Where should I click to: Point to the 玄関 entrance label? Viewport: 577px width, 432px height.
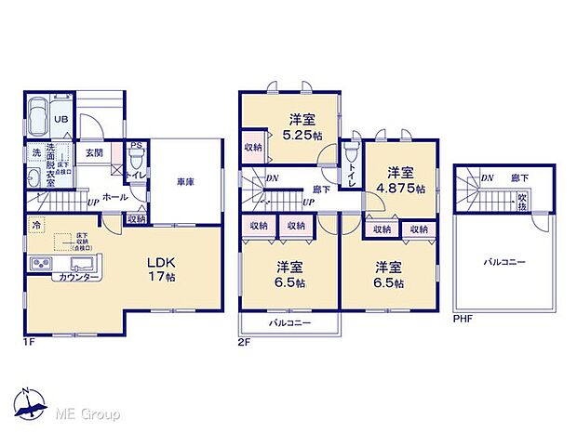[95, 153]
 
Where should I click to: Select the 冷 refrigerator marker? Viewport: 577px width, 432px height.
[36, 225]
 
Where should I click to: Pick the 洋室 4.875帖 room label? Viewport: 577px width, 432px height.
[401, 178]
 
